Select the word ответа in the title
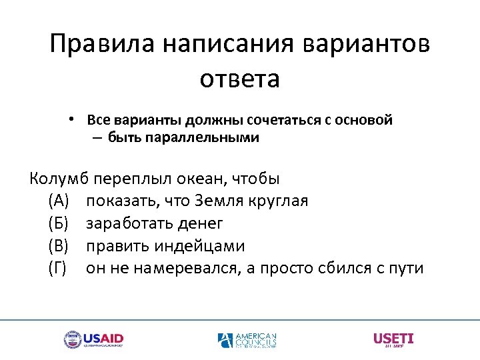coord(239,79)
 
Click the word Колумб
coord(59,179)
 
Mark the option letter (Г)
coord(57,269)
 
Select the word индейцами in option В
coord(200,246)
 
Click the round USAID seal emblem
coord(72,339)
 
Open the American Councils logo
coord(247,340)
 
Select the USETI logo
coord(393,339)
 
